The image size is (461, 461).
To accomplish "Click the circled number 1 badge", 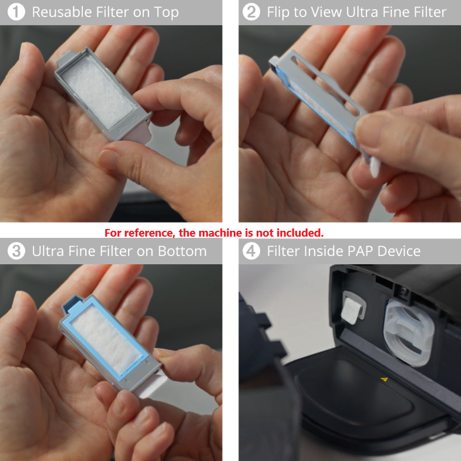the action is pyautogui.click(x=16, y=12).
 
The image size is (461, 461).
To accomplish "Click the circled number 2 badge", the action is pyautogui.click(x=251, y=12).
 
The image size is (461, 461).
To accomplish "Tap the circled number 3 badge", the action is pyautogui.click(x=16, y=251).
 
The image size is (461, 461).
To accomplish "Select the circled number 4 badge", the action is pyautogui.click(x=251, y=251).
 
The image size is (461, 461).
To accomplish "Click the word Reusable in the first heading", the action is pyautogui.click(x=62, y=12).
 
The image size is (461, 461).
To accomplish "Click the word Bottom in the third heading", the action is pyautogui.click(x=182, y=251).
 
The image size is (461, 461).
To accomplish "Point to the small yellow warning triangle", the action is pyautogui.click(x=384, y=379).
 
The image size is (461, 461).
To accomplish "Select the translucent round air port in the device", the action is pyautogui.click(x=409, y=332).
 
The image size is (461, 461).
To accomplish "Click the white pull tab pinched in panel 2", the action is pyautogui.click(x=374, y=167).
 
